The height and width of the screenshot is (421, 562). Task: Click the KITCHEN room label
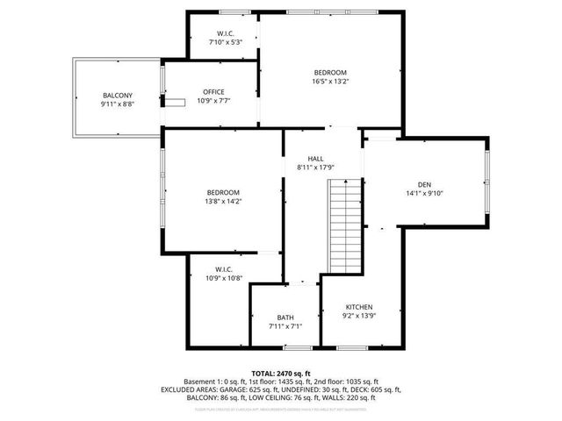tap(360, 307)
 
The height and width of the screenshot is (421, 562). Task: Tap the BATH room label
tap(285, 318)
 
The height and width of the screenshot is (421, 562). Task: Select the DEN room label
tap(424, 184)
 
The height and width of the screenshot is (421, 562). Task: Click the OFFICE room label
tap(213, 92)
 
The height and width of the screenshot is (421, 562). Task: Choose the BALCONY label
tap(117, 95)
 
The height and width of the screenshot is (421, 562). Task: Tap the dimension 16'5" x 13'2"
tap(330, 82)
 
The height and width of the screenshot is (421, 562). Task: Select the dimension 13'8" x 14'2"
tap(223, 202)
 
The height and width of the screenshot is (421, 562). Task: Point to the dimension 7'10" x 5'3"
tap(225, 42)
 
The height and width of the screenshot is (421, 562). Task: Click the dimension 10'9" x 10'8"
tap(223, 278)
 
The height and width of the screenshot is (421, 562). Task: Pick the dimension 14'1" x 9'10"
tap(424, 194)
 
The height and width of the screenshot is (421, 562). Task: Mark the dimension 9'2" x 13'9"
tap(360, 317)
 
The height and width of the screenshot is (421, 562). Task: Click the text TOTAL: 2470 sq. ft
tap(281, 374)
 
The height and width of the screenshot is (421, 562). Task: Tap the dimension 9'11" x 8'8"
tap(117, 104)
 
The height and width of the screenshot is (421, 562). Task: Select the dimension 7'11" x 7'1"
tap(285, 327)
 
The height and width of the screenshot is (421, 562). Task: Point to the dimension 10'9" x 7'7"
tap(213, 102)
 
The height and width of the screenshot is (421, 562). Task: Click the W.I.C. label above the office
tap(225, 32)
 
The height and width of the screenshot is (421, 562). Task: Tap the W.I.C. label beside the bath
tap(223, 268)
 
